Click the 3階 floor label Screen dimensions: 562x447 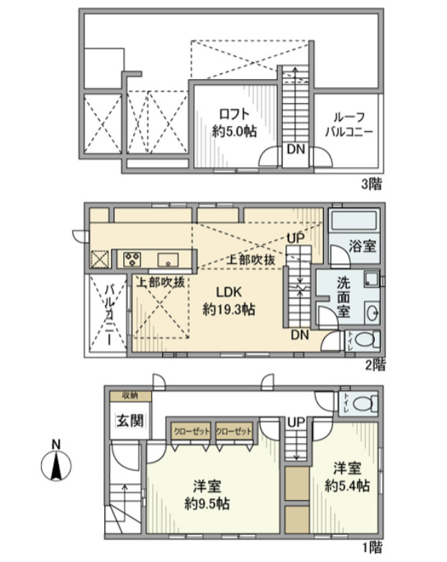(x=371, y=184)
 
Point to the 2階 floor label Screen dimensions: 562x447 (x=374, y=365)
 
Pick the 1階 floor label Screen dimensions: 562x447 (x=372, y=547)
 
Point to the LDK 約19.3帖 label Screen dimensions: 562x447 (x=227, y=302)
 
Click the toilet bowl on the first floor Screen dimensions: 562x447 (x=364, y=404)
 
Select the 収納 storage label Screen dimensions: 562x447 (x=130, y=396)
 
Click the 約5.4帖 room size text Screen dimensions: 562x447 (x=346, y=486)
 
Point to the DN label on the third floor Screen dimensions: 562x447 (x=294, y=150)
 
